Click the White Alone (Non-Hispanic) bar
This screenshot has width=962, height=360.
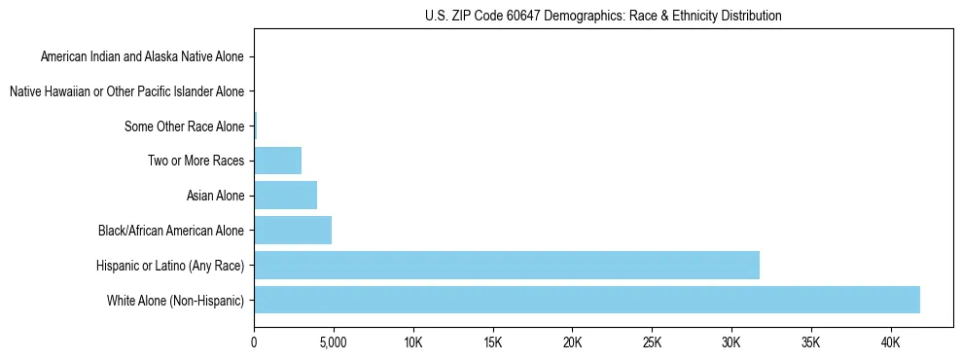pos(587,300)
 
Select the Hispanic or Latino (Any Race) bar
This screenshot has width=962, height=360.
pos(507,265)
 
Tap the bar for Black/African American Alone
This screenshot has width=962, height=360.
pos(293,231)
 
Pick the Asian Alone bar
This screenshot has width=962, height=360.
pos(285,196)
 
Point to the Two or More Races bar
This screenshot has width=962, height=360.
pos(277,161)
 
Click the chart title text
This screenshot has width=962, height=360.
pos(603,16)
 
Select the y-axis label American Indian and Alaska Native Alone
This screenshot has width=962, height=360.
pos(143,56)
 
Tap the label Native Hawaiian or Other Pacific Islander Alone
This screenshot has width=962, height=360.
pos(127,91)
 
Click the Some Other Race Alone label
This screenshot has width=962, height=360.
pos(185,126)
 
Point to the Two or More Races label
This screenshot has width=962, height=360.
pos(197,162)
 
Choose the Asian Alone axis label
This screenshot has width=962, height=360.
pos(216,197)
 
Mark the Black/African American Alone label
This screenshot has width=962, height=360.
pos(171,232)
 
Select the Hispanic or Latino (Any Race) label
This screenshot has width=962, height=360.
pos(170,266)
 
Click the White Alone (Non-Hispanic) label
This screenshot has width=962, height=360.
pos(176,301)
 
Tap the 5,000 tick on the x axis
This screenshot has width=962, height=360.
pos(334,343)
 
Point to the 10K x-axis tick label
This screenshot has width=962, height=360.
pos(413,343)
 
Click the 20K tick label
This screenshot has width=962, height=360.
pos(572,343)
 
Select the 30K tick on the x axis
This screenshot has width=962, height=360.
pos(731,343)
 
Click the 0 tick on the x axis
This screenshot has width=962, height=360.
pos(254,343)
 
